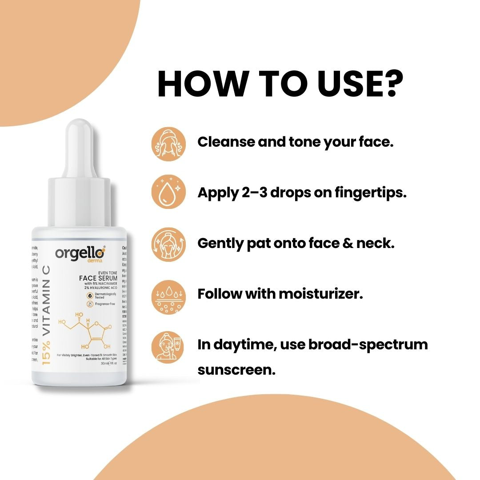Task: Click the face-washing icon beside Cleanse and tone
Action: coord(168,144)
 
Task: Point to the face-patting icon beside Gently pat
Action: coord(168,244)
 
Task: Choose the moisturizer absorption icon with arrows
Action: coord(168,295)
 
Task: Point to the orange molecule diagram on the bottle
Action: coord(86,331)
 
